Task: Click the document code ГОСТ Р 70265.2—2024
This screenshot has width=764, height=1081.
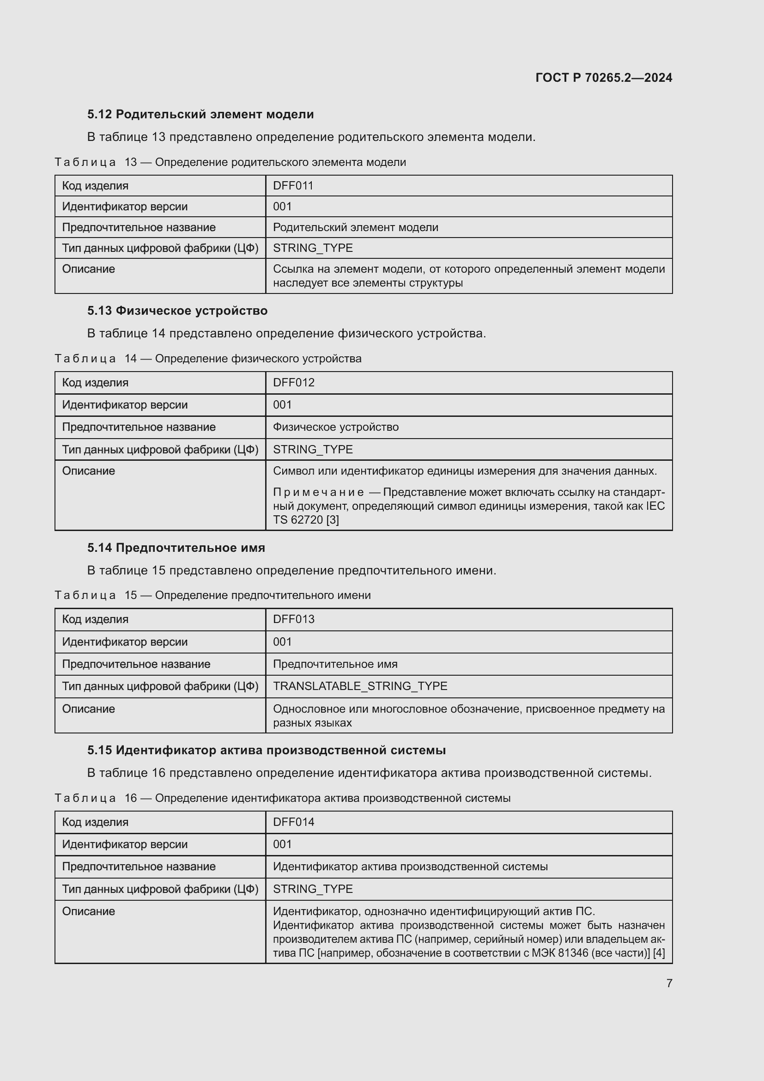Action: [x=604, y=78]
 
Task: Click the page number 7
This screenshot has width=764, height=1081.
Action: [x=669, y=983]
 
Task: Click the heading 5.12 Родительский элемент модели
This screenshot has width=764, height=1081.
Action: [x=200, y=115]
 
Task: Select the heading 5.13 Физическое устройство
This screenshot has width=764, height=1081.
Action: [x=177, y=311]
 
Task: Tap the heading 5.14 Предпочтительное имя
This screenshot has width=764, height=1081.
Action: [x=176, y=548]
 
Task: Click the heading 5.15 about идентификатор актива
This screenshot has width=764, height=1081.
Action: [x=266, y=750]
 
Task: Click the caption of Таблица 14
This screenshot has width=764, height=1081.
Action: [x=208, y=358]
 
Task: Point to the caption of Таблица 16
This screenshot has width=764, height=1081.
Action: [x=282, y=798]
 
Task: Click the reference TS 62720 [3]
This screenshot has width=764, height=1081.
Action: [x=306, y=520]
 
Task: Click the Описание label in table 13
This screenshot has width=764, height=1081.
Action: [x=88, y=269]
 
